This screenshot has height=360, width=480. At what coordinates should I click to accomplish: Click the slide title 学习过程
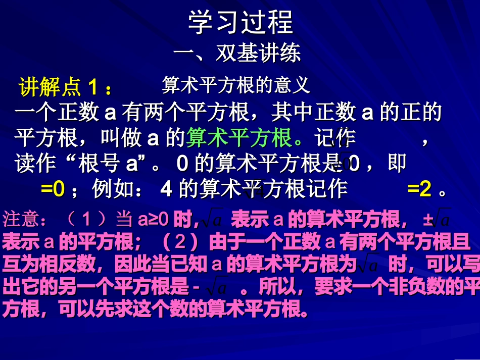pyautogui.click(x=240, y=23)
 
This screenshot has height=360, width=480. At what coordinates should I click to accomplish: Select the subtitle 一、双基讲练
pyautogui.click(x=237, y=53)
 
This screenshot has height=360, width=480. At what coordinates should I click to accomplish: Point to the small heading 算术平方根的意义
pyautogui.click(x=235, y=85)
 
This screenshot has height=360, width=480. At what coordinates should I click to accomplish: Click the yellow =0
pyautogui.click(x=53, y=189)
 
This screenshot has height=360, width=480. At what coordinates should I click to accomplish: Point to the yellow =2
pyautogui.click(x=419, y=189)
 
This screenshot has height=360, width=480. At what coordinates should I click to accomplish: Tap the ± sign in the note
pyautogui.click(x=428, y=220)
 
